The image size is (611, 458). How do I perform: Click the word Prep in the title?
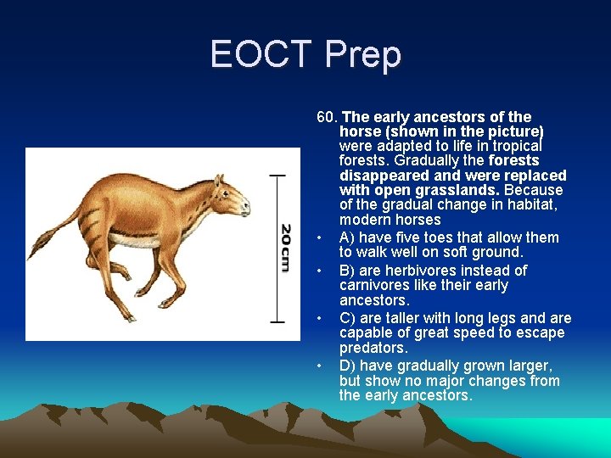[363, 55]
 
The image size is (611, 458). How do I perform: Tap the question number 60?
[327, 117]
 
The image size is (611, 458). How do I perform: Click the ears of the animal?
[219, 180]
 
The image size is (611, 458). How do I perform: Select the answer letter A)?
[348, 237]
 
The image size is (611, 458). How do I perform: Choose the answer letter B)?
[348, 271]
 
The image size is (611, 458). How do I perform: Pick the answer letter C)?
[348, 318]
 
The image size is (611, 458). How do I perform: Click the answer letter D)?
[348, 366]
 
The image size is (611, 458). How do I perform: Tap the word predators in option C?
[373, 349]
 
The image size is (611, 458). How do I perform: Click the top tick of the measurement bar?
[277, 176]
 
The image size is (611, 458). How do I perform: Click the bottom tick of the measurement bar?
[277, 321]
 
